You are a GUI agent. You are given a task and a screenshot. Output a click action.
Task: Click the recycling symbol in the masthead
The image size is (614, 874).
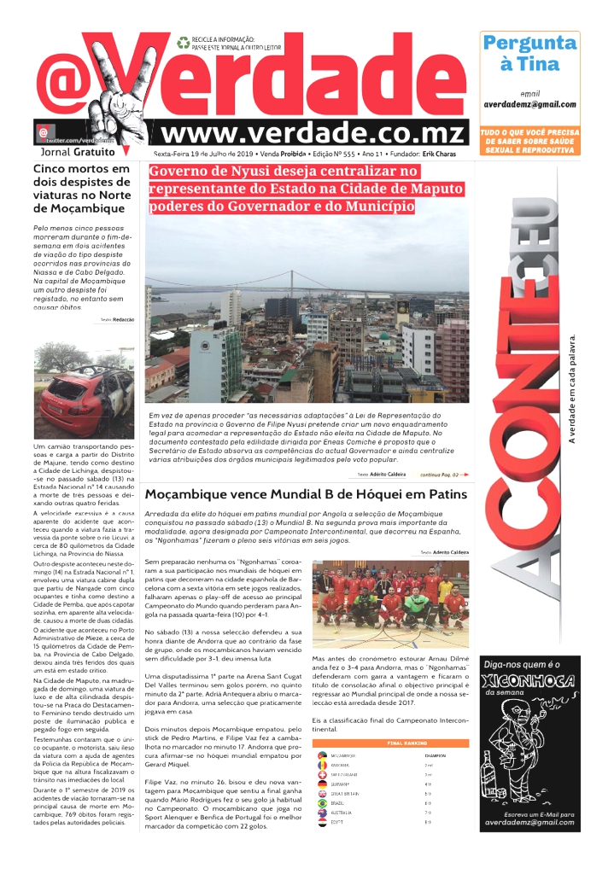[x=184, y=42]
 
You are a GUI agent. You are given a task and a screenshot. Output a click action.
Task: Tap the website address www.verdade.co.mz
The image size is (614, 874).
[x=314, y=133]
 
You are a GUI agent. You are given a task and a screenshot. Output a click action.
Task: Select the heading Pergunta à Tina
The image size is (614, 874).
[x=529, y=53]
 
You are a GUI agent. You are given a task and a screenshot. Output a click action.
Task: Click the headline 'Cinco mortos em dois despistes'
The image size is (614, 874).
[x=81, y=189]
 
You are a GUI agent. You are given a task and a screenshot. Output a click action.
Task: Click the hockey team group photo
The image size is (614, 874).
[x=391, y=603]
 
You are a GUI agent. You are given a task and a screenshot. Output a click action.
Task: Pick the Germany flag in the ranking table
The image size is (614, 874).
[x=322, y=784]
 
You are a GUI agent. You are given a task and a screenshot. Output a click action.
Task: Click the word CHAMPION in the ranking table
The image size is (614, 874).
[x=435, y=755]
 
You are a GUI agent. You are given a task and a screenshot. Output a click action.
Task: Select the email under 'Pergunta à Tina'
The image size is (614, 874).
[x=529, y=104]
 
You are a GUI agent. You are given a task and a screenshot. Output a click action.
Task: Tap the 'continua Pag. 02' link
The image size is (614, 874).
[x=445, y=474]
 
